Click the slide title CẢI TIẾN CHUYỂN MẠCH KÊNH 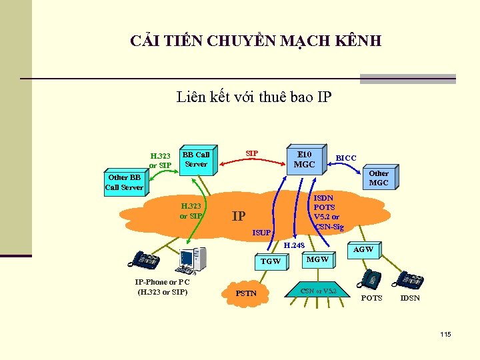coord(256,41)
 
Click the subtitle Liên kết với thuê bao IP coord(254,97)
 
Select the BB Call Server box coord(196,159)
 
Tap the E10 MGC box coord(304,159)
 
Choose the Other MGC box coord(378,178)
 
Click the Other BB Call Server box coord(125,182)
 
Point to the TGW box coord(271,261)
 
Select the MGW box coord(317,259)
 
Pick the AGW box coord(363,249)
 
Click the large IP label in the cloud coord(238,216)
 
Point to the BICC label coord(346,158)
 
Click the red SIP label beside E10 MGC coord(252,153)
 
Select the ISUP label coord(262,233)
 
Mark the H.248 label coord(295,246)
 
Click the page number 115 coord(445,333)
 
